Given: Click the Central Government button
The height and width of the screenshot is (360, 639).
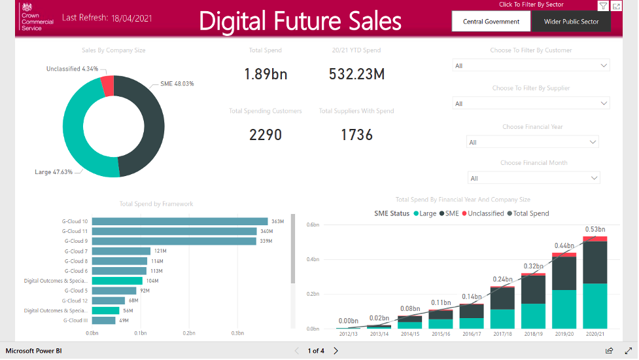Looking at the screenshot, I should [491, 22].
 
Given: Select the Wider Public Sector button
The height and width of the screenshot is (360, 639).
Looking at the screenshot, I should [571, 22].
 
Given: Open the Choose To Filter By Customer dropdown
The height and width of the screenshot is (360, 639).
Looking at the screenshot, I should [530, 65].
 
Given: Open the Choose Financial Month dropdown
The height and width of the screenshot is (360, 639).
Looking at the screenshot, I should [533, 178].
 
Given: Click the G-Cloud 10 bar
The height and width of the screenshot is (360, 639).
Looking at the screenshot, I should [180, 221].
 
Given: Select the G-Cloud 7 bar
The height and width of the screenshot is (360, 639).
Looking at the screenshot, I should [121, 251].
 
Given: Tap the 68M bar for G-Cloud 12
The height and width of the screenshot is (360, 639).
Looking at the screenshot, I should [109, 300].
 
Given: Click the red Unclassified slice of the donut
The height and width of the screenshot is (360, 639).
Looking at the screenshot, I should [107, 85].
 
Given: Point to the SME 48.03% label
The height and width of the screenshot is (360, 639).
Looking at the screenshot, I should [177, 84].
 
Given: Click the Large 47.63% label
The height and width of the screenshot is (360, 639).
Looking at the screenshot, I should [54, 172].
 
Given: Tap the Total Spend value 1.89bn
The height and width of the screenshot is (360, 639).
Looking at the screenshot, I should [266, 74].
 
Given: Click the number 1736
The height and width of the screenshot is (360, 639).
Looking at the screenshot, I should [356, 135].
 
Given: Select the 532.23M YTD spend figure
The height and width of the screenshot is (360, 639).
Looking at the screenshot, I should [356, 74].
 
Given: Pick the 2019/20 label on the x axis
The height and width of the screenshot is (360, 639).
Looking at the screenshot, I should [564, 334].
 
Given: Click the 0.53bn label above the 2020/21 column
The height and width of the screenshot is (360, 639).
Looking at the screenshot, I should [594, 229].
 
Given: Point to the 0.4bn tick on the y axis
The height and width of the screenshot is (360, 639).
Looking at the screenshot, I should [313, 260].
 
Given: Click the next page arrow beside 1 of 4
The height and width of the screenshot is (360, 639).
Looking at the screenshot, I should [336, 351].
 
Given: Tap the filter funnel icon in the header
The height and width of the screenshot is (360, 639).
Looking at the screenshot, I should [602, 6].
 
